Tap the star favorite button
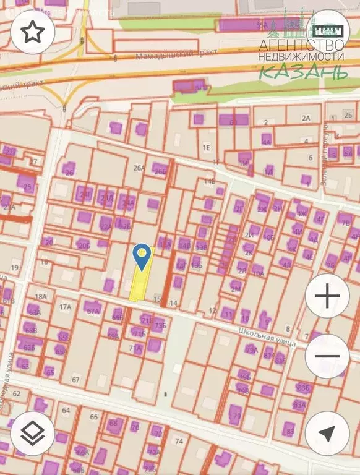click(x=33, y=33)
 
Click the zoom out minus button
click(x=327, y=356)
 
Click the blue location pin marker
click(x=143, y=256)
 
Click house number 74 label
click(x=179, y=441)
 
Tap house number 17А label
click(x=65, y=307)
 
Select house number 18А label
click(x=41, y=297)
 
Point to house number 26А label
click(x=139, y=168)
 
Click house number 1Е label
click(x=207, y=147)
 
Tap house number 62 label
click(x=17, y=393)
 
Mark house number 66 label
click(x=94, y=417)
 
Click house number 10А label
click(x=258, y=273)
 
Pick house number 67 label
click(x=76, y=379)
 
